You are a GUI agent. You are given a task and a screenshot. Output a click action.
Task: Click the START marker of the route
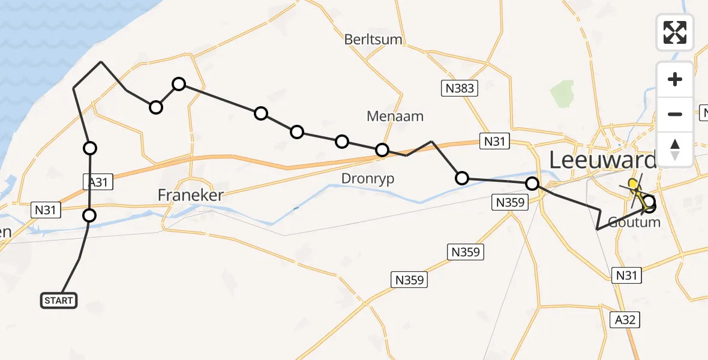(59, 300)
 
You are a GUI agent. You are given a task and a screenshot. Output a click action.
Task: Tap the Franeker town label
(191, 195)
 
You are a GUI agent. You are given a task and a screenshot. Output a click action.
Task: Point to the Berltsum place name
(373, 40)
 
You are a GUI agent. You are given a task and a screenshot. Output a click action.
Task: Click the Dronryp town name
(368, 178)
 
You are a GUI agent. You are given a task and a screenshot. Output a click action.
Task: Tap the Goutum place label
(634, 223)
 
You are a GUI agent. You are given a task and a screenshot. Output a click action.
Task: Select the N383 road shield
(460, 89)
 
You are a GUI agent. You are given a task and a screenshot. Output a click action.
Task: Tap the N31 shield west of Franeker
(46, 209)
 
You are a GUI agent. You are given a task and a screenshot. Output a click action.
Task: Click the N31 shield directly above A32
(626, 275)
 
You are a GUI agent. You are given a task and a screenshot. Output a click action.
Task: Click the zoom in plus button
(675, 80)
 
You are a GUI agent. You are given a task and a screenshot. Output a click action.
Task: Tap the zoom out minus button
(675, 114)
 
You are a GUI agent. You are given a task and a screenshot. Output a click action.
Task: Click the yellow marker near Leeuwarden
(632, 184)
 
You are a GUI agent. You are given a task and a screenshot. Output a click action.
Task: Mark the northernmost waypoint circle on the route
(178, 84)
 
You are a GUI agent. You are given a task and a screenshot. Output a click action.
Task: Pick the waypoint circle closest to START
(89, 215)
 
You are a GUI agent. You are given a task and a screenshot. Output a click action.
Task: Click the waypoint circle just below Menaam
(382, 150)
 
